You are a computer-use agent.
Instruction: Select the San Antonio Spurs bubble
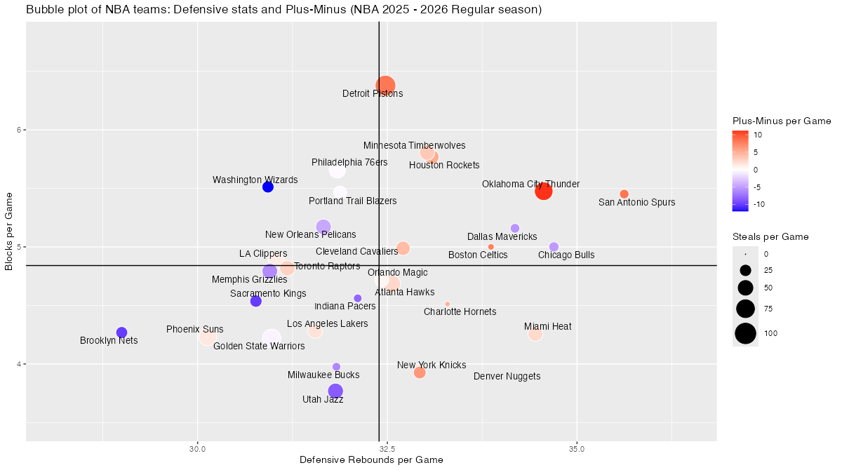tap(624, 194)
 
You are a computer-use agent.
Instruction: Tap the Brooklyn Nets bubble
tap(121, 333)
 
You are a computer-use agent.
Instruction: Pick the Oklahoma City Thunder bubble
tap(544, 192)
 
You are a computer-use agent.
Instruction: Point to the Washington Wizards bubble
tap(267, 187)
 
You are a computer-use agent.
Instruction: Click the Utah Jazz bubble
tap(335, 391)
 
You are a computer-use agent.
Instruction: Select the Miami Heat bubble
tap(535, 335)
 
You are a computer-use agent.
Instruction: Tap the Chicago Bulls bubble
tap(554, 247)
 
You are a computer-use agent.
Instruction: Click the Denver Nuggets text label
tap(507, 377)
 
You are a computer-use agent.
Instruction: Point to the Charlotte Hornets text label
tap(460, 311)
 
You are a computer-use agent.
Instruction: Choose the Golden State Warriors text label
tap(259, 346)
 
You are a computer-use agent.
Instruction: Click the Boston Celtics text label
tap(478, 255)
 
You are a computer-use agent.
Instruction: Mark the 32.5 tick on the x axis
tap(387, 448)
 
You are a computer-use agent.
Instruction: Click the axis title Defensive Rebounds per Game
tap(371, 460)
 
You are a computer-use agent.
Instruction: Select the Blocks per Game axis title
tap(9, 232)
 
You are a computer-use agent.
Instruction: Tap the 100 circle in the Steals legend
tap(745, 334)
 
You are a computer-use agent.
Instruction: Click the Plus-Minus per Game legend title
tap(782, 121)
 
